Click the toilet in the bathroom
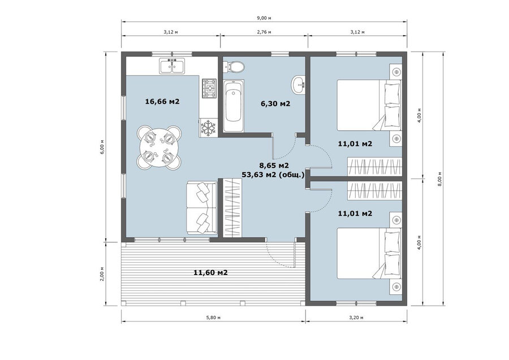pos(234,67)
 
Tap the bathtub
pos(234,106)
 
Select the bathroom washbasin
pos(298,85)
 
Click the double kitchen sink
pos(172,66)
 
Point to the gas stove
pos(209,88)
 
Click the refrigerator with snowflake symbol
pos(208,127)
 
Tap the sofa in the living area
pos(201,208)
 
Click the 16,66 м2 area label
pos(162,101)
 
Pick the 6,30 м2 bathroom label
pos(275,104)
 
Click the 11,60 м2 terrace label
pos(211,272)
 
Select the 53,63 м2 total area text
pos(273,174)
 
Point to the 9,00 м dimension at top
pos(264,18)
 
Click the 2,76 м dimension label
pos(264,32)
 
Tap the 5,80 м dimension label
pos(213,318)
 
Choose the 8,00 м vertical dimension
pos(440,179)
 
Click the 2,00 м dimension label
pos(102,274)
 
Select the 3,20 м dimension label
pos(356,318)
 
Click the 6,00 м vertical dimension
pos(102,147)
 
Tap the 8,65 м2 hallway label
pos(274,165)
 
